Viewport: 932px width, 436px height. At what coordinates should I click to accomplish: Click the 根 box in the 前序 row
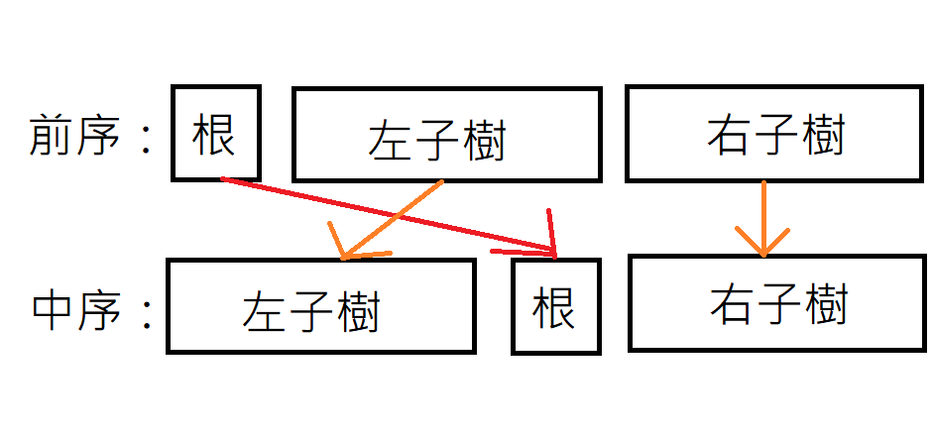[x=215, y=134]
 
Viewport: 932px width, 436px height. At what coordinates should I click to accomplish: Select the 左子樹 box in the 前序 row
[x=446, y=134]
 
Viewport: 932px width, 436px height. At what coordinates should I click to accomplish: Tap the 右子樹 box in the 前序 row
[x=776, y=134]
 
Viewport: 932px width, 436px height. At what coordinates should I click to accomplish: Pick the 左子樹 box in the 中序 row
[x=319, y=306]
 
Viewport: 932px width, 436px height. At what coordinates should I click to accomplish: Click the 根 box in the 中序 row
[x=555, y=306]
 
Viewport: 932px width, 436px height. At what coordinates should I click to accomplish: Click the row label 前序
[x=75, y=136]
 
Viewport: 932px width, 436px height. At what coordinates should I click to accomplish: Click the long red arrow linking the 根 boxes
[x=387, y=213]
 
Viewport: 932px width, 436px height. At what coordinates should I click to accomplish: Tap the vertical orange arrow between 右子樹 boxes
[x=762, y=213]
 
